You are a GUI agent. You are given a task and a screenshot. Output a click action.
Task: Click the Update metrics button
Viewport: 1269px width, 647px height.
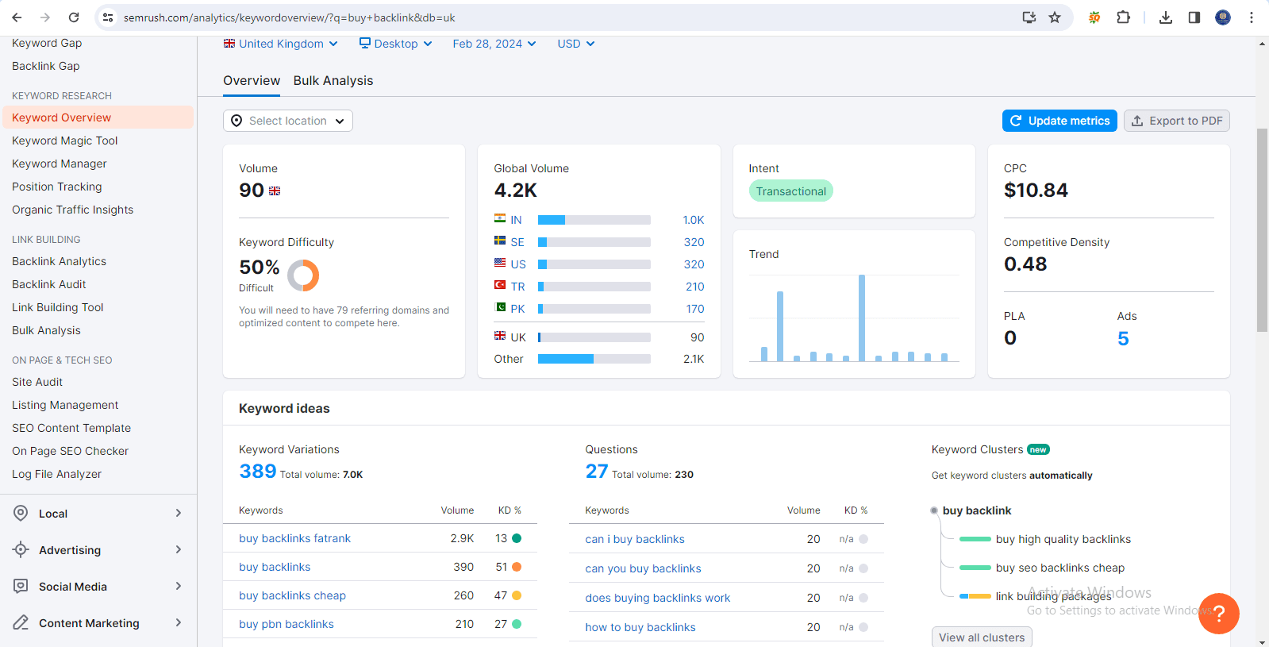(1059, 121)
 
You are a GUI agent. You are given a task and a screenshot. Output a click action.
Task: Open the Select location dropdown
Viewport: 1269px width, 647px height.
(287, 121)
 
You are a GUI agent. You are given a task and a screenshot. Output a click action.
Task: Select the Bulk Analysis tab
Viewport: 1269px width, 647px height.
(333, 81)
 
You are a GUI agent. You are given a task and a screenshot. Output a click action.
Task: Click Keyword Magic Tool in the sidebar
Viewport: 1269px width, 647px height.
(64, 141)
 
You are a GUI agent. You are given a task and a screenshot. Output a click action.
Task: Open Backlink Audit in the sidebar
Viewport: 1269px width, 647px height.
(49, 284)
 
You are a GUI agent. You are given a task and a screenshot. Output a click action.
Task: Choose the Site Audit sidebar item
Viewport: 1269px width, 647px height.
(37, 382)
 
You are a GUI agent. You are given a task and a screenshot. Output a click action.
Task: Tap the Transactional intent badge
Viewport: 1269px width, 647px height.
(790, 191)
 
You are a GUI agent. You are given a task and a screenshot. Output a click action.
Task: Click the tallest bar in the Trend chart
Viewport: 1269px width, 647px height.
(861, 318)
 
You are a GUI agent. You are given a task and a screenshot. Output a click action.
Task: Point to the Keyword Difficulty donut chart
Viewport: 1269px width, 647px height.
(303, 275)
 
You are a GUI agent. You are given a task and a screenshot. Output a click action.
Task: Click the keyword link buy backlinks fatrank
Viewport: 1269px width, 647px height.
(294, 538)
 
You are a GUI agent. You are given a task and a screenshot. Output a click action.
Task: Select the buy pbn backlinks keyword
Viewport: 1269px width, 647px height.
(286, 624)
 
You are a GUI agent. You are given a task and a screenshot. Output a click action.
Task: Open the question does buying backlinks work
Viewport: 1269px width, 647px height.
(657, 598)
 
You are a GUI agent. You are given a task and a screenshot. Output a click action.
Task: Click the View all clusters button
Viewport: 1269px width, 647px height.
(982, 637)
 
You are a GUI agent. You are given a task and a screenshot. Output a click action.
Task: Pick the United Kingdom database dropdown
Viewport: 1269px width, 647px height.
(281, 44)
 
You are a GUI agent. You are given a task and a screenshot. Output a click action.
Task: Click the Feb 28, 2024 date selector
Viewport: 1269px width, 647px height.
(494, 44)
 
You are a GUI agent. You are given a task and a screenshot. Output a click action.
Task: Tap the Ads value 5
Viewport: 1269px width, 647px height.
(1123, 339)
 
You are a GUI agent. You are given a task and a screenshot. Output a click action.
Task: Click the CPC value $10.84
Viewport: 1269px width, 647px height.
(1036, 191)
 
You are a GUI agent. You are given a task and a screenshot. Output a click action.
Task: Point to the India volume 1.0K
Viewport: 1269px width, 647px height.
(693, 220)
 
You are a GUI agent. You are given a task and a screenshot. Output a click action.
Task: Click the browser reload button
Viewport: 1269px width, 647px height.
(74, 17)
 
